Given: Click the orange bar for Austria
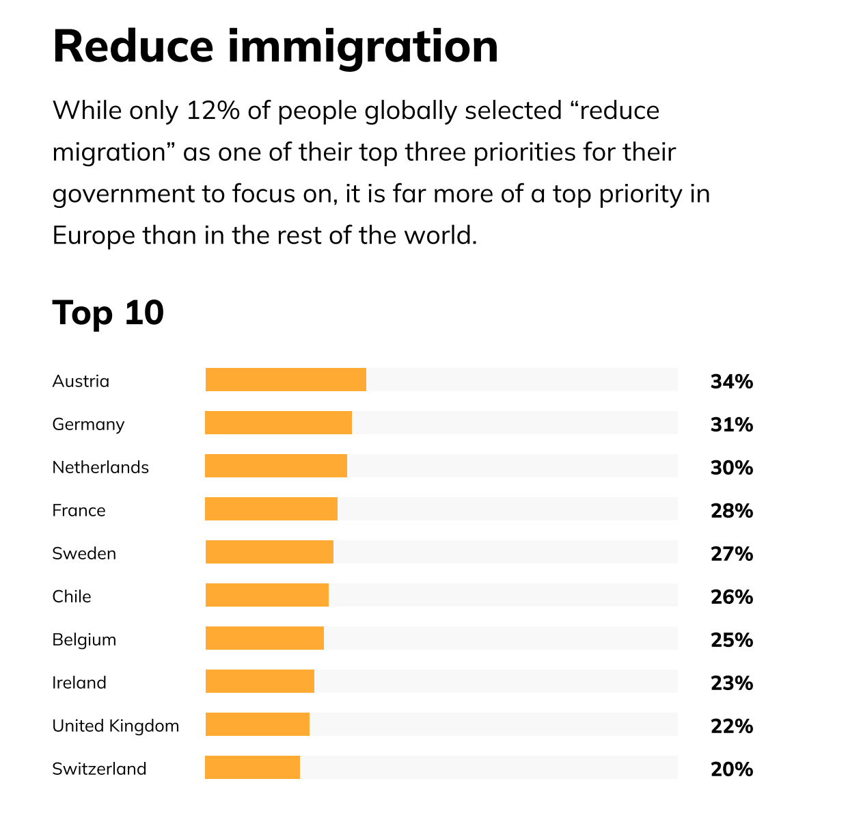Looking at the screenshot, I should (286, 380).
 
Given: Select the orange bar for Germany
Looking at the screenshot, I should (278, 423).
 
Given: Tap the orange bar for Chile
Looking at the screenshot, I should (266, 595).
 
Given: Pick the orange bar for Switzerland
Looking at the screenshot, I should (252, 767).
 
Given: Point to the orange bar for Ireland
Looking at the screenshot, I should (260, 681).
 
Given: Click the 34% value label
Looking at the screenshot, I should (731, 382).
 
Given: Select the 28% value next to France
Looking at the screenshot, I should (731, 511).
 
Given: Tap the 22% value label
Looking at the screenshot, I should (731, 726).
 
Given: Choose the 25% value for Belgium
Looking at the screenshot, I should (731, 640).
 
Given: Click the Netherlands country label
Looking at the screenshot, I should (100, 467).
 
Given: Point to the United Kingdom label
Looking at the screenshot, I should (115, 726).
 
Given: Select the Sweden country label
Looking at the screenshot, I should (84, 553).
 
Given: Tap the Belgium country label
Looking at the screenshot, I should (84, 639).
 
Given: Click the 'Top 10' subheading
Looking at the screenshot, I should (108, 313).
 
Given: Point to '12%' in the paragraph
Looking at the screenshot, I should (213, 110).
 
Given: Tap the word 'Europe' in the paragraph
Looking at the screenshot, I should (93, 235).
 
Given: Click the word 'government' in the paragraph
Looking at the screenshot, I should (122, 194).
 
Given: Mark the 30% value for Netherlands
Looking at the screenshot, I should (731, 468).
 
